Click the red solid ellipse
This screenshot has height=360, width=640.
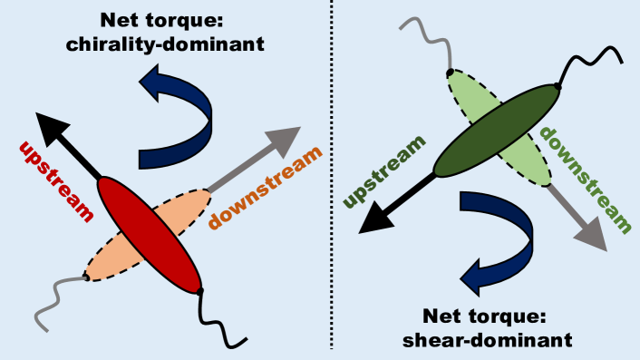[x=149, y=234]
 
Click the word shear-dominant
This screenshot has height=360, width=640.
[x=495, y=340]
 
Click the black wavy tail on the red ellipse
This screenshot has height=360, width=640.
[x=223, y=322]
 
